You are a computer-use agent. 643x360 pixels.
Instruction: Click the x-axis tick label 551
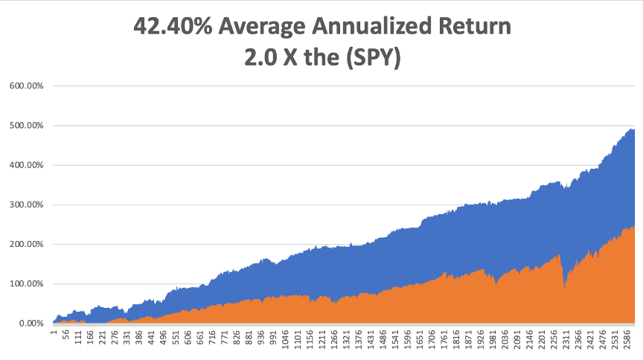176,337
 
